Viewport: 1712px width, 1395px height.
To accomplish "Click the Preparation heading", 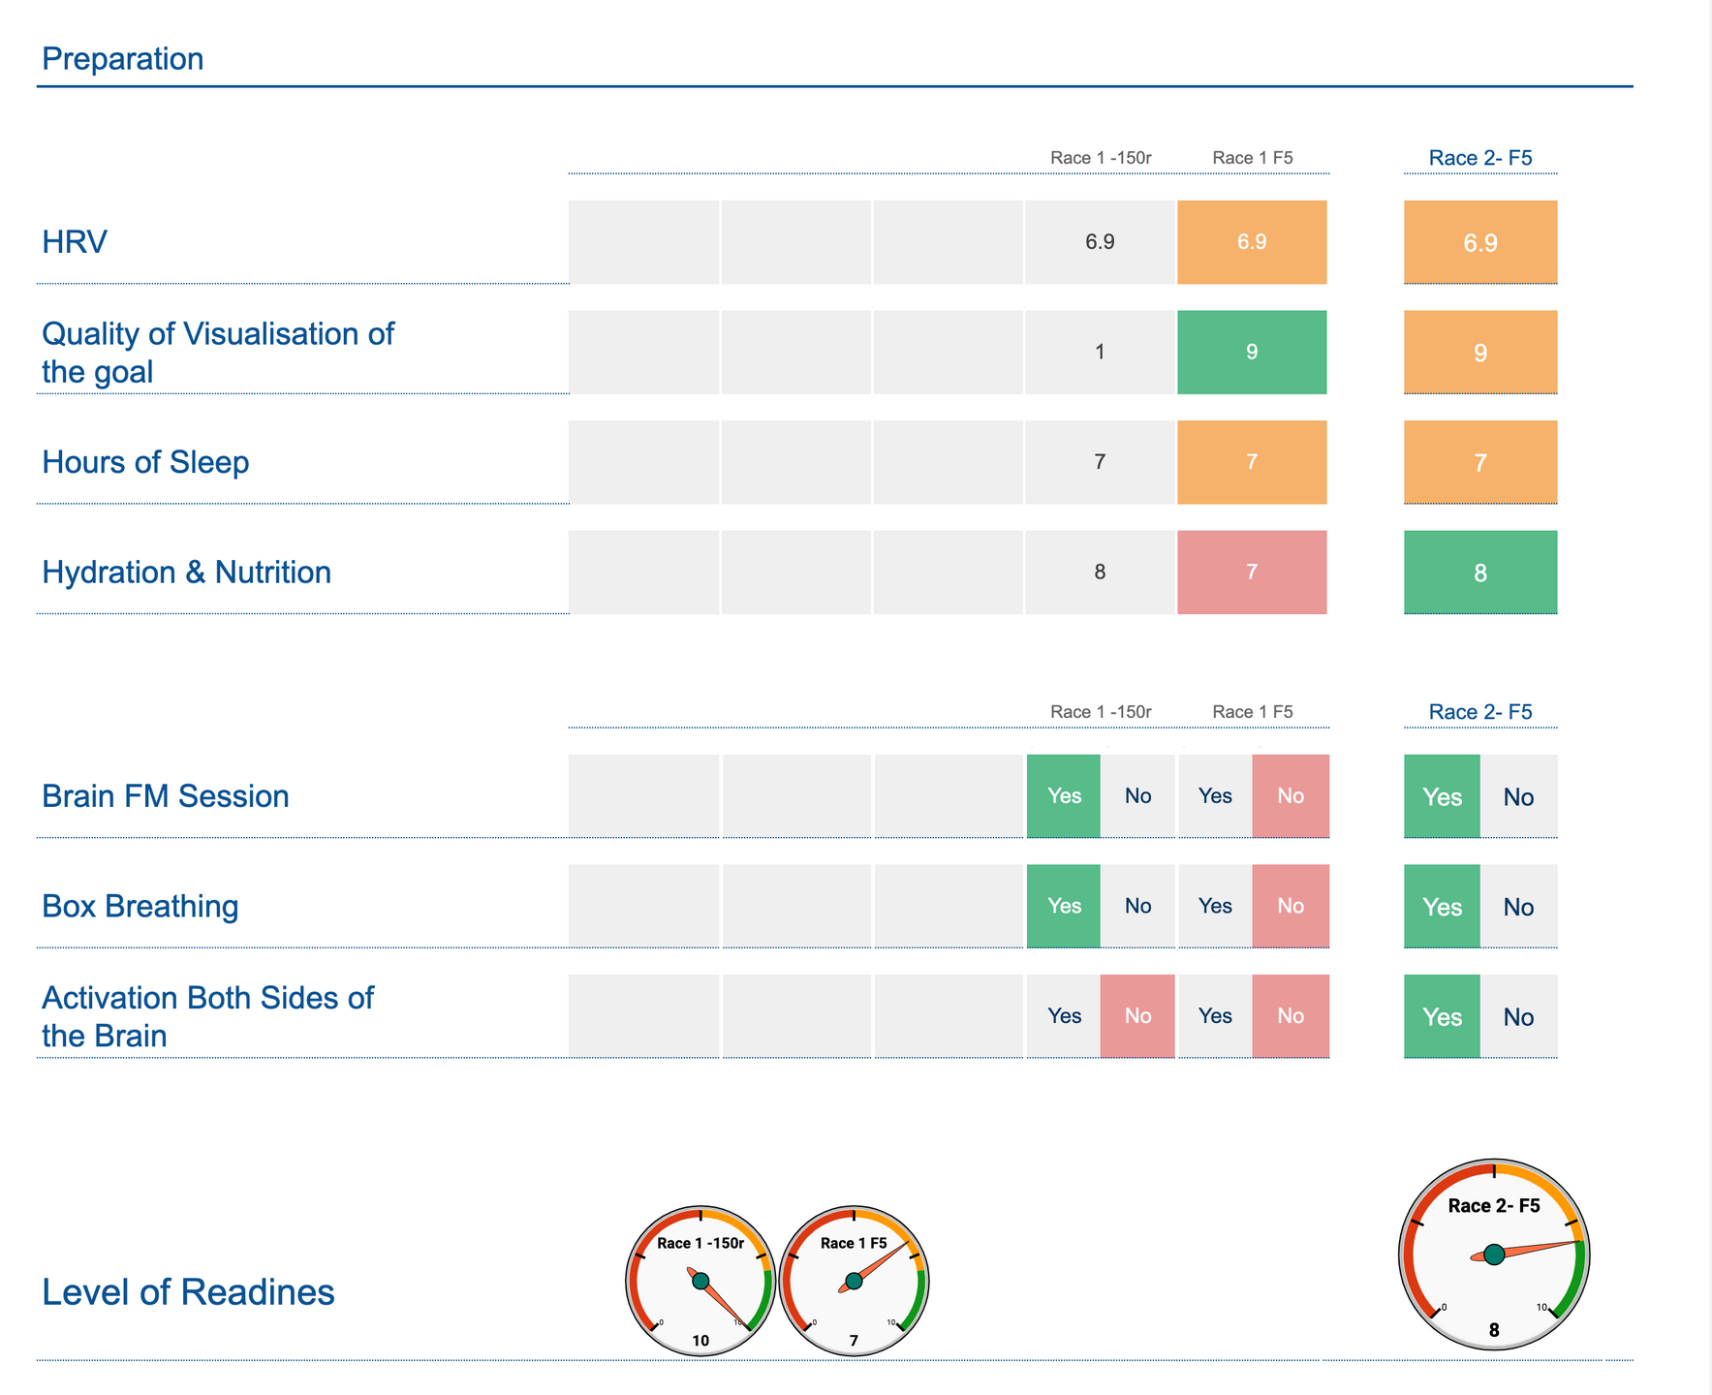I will point(123,59).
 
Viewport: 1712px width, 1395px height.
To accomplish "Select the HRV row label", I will point(75,242).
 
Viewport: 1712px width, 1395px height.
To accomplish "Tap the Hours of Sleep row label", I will point(145,462).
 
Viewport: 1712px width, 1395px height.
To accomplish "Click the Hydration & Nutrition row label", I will point(186,573).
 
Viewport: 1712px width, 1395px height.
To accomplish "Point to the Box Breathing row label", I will point(140,906).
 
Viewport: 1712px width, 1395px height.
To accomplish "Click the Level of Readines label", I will point(188,1292).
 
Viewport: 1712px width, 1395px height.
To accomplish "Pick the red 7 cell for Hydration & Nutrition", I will point(1252,572).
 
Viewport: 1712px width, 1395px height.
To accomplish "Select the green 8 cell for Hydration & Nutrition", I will point(1480,573).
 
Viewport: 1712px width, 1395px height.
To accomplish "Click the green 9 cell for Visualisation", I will point(1252,352).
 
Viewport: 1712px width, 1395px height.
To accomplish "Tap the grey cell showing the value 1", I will point(1100,352).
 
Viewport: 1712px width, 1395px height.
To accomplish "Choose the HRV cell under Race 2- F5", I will point(1480,242).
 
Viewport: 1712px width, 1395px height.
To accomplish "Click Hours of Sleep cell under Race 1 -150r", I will point(1100,462).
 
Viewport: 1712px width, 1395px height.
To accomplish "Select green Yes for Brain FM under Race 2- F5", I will point(1442,796).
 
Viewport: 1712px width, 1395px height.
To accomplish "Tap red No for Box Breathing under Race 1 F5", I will point(1291,906).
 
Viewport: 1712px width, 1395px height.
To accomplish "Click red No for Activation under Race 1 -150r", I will point(1137,1016).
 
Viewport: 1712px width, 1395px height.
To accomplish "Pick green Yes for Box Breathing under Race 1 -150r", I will point(1064,906).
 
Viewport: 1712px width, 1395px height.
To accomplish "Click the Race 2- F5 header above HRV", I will point(1480,158).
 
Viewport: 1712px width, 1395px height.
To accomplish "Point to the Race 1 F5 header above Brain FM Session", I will point(1252,712).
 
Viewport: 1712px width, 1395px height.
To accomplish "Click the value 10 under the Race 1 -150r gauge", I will point(700,1341).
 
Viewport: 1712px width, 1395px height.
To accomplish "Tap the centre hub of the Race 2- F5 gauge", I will point(1494,1255).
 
